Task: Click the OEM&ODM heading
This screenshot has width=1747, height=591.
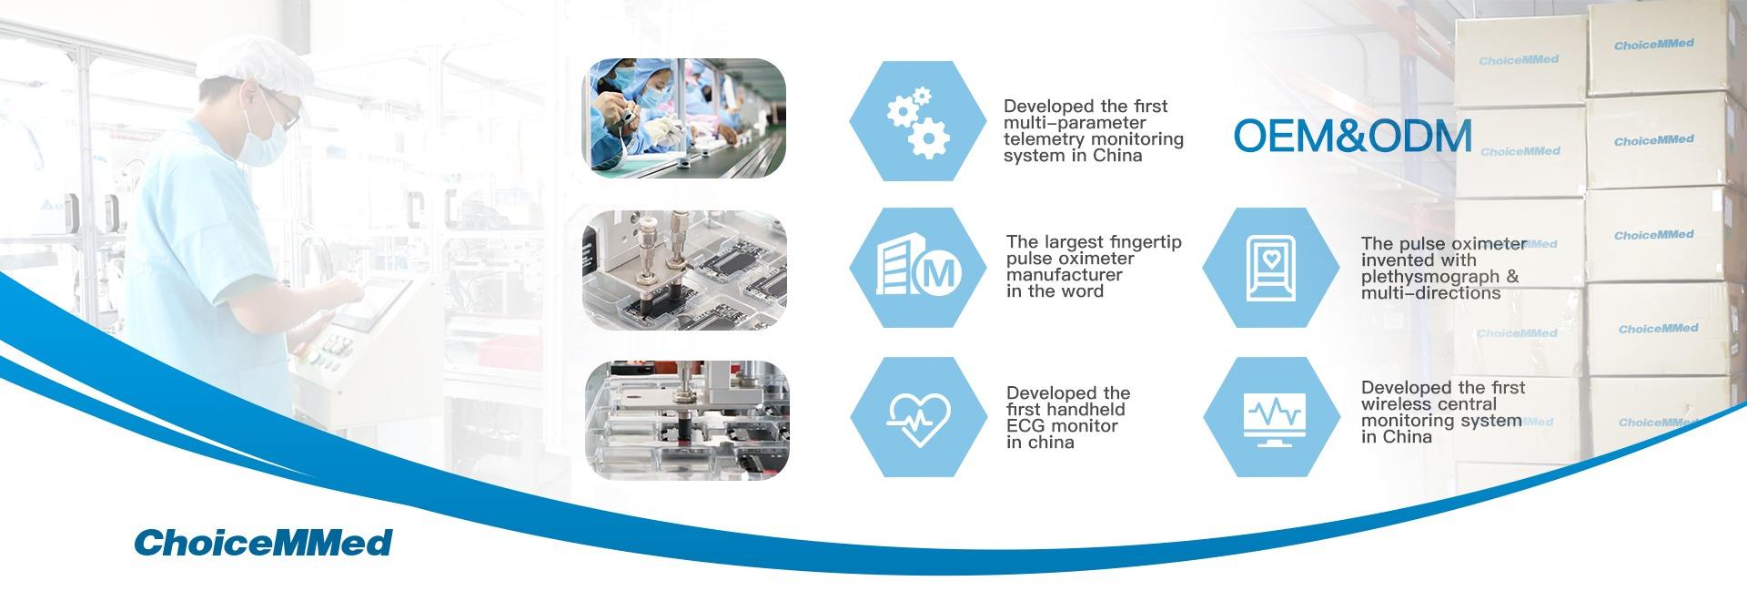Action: point(1352,136)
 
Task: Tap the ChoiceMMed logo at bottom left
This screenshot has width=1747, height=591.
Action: point(263,542)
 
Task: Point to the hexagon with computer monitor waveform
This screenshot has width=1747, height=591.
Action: point(1272,417)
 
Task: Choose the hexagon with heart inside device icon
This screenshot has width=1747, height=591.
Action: point(1272,268)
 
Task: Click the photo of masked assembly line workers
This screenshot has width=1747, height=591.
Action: point(684,118)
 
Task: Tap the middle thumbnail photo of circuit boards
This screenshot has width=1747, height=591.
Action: point(684,270)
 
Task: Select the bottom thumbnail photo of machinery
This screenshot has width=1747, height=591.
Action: point(686,420)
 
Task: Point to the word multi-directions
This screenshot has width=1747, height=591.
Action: point(1430,293)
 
